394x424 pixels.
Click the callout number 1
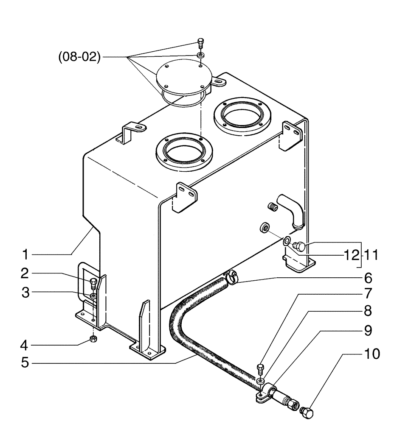click(25, 255)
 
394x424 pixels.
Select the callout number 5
click(25, 363)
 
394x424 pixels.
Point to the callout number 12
click(351, 256)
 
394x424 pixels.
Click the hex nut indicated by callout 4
click(93, 339)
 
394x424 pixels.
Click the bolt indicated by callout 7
click(261, 369)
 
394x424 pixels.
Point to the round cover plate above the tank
click(183, 79)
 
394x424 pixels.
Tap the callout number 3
click(25, 293)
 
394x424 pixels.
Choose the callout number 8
click(368, 311)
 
